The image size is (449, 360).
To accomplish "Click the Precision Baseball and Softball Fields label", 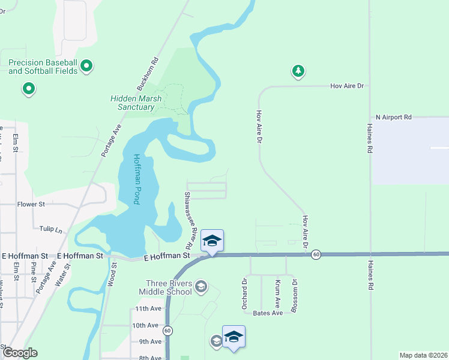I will tap(43, 67).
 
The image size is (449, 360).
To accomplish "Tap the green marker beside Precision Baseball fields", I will tap(86, 65).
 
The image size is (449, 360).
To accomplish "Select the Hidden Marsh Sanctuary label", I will tap(132, 103).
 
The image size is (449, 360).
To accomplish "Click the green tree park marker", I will tap(298, 71).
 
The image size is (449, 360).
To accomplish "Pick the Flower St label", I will tap(31, 204).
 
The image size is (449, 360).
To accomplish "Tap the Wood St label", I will tap(112, 277).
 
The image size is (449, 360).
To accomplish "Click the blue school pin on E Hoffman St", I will tap(212, 241).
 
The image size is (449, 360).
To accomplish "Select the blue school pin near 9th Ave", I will tap(234, 337).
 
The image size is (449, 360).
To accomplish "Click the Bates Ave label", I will tap(268, 313).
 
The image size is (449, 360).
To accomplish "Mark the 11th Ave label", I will tap(148, 309).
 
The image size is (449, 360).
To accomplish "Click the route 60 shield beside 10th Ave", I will tap(167, 330).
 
